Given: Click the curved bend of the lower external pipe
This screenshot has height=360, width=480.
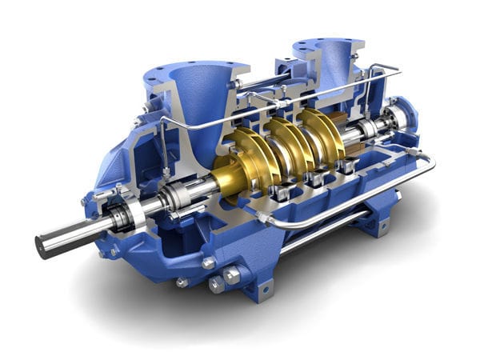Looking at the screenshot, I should point(431,165).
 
